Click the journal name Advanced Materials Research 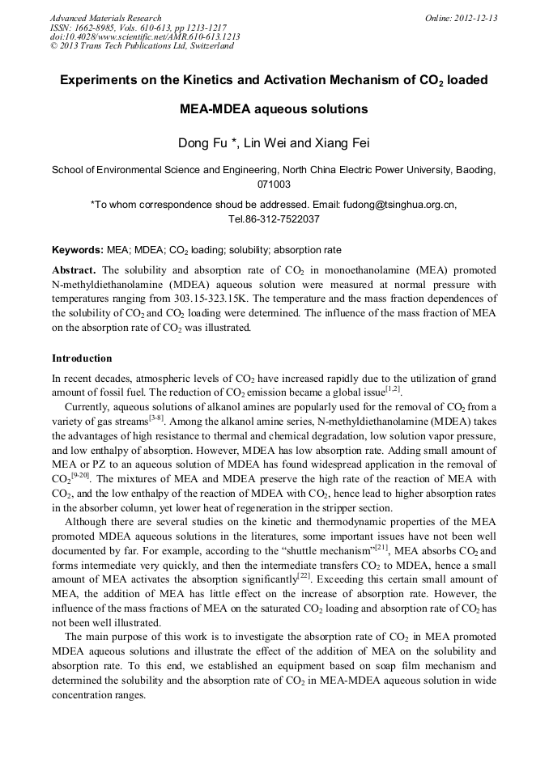105,18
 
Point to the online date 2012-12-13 475,18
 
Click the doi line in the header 145,36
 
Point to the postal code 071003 274,184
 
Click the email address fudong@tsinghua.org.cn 386,206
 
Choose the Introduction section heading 82,358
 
